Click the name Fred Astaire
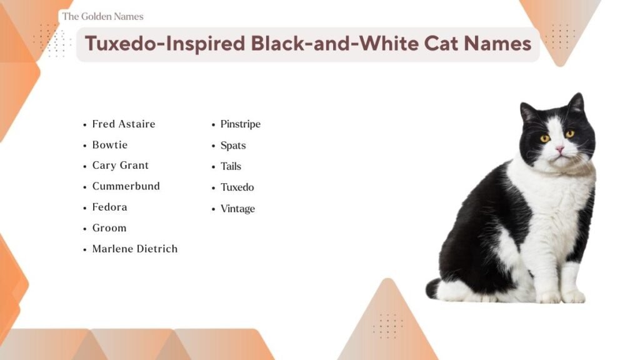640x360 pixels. click(x=123, y=124)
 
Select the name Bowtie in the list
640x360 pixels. click(x=109, y=144)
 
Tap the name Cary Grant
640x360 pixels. click(x=120, y=165)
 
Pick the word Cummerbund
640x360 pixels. click(x=126, y=186)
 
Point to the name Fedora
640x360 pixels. click(x=109, y=207)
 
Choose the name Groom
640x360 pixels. click(x=109, y=227)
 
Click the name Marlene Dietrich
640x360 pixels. click(x=134, y=248)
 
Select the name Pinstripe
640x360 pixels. click(x=240, y=124)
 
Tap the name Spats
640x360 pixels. click(x=232, y=145)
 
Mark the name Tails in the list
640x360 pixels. click(x=231, y=166)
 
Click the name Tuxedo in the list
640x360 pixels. click(x=237, y=187)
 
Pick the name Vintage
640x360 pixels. click(x=237, y=208)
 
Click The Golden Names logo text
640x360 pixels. click(x=102, y=16)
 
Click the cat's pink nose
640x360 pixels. click(x=560, y=149)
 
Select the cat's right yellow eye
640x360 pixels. click(x=569, y=134)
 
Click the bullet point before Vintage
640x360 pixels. click(x=213, y=209)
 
